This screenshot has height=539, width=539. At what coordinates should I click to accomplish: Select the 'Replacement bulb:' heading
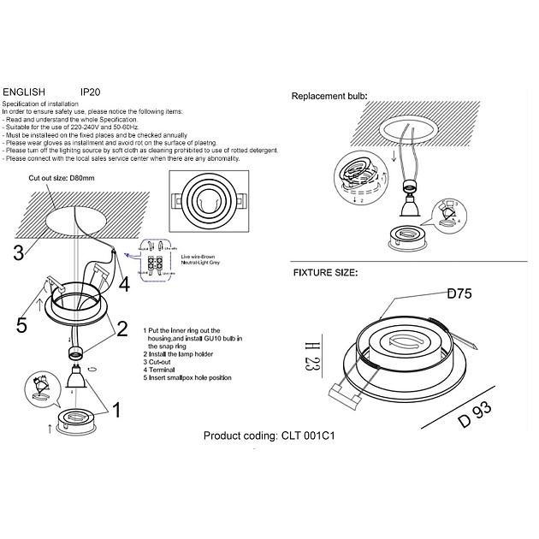click(x=329, y=97)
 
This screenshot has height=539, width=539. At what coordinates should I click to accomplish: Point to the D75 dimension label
click(x=460, y=293)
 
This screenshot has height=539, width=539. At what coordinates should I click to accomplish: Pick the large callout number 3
click(x=18, y=252)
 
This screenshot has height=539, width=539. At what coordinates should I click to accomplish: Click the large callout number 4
click(x=124, y=283)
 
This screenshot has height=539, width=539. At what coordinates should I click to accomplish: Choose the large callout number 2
click(x=122, y=328)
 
